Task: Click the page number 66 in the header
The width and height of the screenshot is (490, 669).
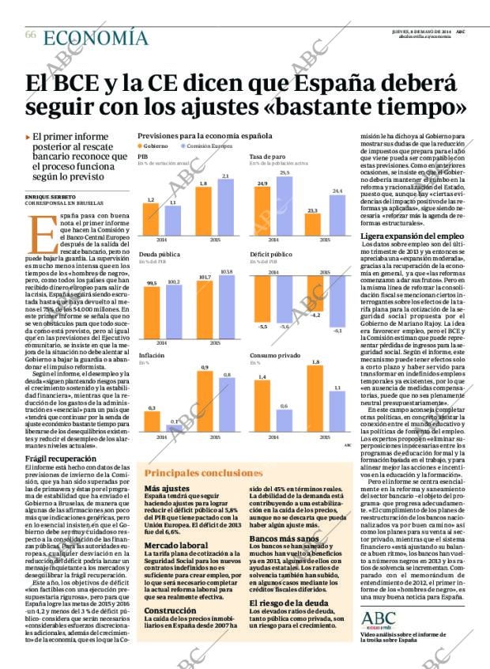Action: pos(30,35)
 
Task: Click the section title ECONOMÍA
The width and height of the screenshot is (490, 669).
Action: pos(95,37)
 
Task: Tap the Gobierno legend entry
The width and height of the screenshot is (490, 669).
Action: pos(154,146)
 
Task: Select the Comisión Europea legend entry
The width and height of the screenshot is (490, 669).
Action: pos(209,146)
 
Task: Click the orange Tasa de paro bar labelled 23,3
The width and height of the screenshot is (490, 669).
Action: pos(312,225)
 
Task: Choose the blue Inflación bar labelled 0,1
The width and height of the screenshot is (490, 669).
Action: pos(175,428)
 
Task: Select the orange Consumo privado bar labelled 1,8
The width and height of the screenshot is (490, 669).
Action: pos(315,399)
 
